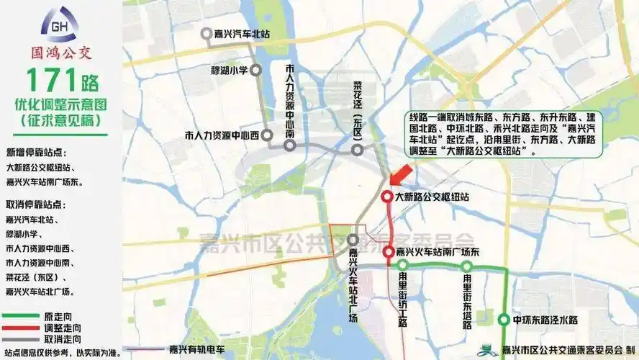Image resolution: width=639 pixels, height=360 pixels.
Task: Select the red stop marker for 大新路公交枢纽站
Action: pyautogui.click(x=386, y=197)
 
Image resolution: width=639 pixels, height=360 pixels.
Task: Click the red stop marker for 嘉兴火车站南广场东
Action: pyautogui.click(x=388, y=252)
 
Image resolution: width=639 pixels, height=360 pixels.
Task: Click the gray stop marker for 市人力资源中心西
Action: pyautogui.click(x=266, y=135)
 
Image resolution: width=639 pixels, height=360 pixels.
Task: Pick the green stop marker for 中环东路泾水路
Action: pyautogui.click(x=504, y=319)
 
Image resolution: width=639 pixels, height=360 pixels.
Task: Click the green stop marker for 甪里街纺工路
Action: pyautogui.click(x=403, y=265)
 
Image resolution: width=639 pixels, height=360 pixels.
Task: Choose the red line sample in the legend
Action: pyautogui.click(x=21, y=328)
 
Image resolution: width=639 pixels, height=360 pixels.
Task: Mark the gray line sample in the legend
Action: pyautogui.click(x=21, y=338)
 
